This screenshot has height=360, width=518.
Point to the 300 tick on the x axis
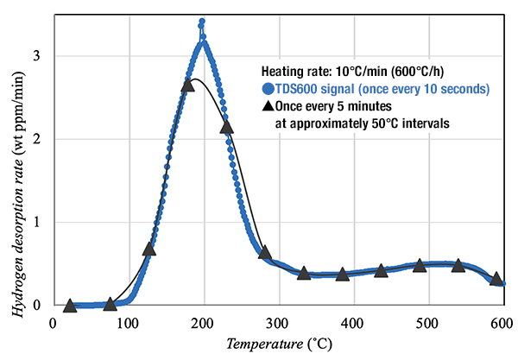[x=278, y=324]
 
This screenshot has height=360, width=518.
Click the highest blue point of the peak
[x=202, y=22]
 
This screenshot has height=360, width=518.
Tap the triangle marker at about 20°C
[x=70, y=306]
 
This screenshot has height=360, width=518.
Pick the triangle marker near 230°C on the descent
[x=227, y=127]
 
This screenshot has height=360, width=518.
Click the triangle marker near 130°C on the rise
[x=148, y=249]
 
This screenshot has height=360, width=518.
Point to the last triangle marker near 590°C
[x=496, y=279]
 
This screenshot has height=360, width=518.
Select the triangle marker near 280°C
[x=265, y=253]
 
